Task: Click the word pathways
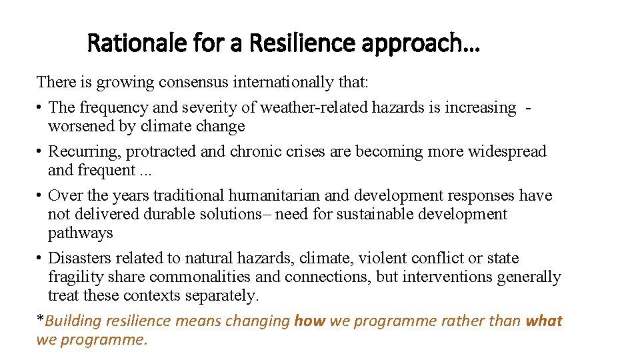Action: [80, 233]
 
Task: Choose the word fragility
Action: [75, 277]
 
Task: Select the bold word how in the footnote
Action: [310, 321]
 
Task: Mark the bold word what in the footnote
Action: [544, 321]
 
